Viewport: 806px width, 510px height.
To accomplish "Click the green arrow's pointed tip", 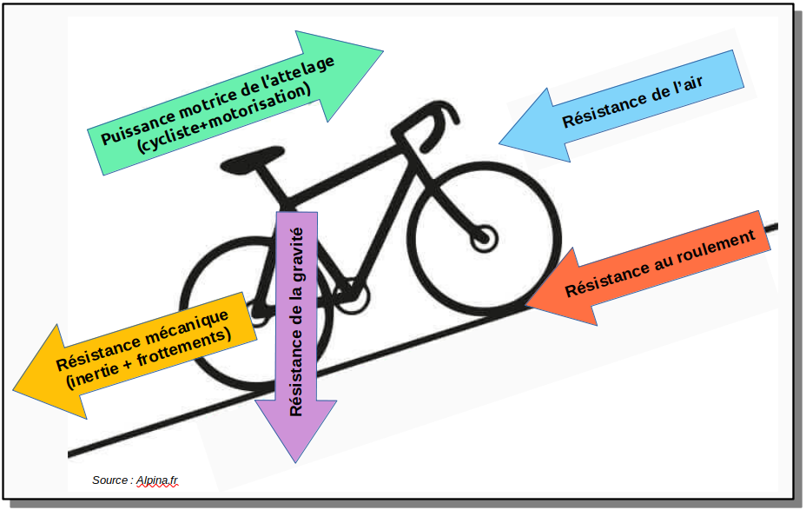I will (x=381, y=52).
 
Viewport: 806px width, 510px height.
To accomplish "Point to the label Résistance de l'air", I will (x=632, y=102).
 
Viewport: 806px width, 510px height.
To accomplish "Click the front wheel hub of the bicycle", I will (x=483, y=235).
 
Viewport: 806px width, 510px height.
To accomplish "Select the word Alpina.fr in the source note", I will (x=162, y=480).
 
